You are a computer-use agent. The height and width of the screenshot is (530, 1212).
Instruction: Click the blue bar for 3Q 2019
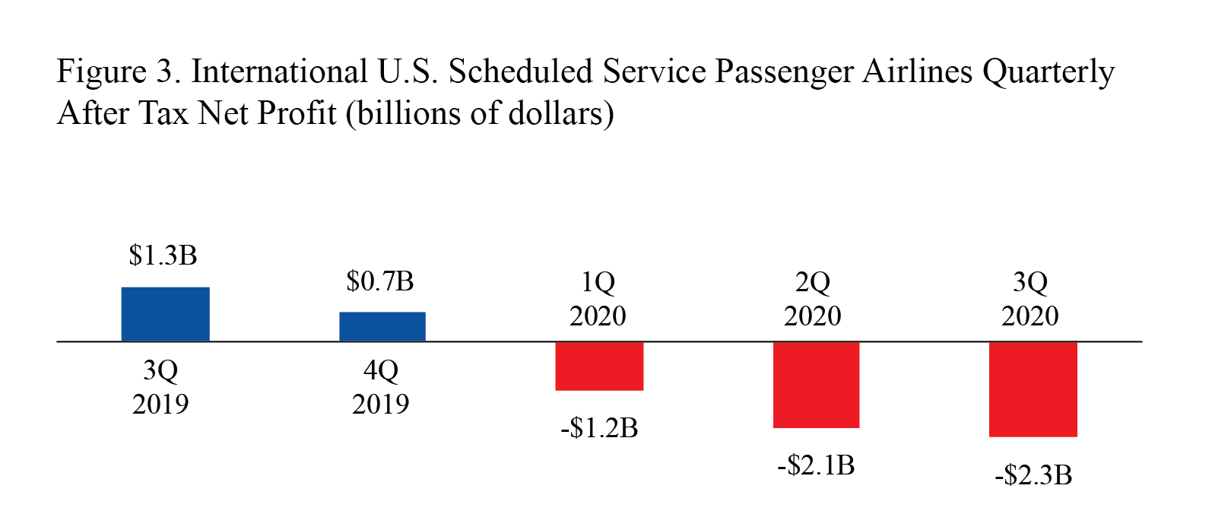(165, 314)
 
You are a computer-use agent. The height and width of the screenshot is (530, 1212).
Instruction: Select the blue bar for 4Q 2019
(382, 326)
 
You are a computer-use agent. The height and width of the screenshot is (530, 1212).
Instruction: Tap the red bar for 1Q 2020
(599, 366)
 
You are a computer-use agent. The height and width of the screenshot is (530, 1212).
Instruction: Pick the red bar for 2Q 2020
(816, 385)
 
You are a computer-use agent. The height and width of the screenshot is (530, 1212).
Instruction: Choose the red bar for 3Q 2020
(1033, 389)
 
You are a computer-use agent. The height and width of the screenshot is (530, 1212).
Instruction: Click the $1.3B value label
(163, 255)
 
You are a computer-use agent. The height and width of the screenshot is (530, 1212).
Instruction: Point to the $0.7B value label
(379, 281)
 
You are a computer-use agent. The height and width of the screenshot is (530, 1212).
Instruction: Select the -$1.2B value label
(599, 428)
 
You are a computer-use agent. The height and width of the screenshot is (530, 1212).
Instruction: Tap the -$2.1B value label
(816, 465)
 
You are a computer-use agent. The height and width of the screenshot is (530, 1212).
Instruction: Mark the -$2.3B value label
(1033, 475)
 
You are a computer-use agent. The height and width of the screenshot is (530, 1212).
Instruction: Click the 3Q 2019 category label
(160, 386)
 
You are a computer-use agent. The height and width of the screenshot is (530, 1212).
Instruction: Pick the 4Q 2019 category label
(380, 386)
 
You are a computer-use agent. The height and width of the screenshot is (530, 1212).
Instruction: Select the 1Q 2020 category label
(598, 299)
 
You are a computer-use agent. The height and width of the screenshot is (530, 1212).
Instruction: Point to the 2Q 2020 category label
(813, 299)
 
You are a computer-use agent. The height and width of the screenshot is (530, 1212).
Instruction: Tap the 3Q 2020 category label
(1030, 299)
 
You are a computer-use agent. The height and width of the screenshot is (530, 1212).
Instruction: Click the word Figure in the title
(101, 72)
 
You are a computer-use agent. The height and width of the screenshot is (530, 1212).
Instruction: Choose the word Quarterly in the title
(1048, 72)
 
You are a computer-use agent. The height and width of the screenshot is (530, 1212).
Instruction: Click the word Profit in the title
(296, 114)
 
